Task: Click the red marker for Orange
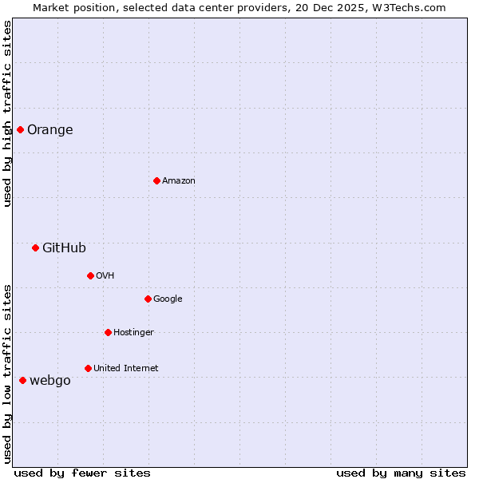point(20,129)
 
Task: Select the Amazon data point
point(156,180)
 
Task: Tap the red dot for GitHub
point(35,247)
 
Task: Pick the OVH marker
point(90,275)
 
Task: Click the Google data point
point(148,299)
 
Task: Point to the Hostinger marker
point(108,332)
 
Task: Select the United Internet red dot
point(88,368)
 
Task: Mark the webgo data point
point(22,380)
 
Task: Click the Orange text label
point(50,130)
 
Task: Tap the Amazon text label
point(179,181)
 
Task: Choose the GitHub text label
point(64,248)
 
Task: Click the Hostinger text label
point(133,333)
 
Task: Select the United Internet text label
point(126,369)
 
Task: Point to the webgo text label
point(50,381)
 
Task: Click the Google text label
point(168,299)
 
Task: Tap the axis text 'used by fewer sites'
point(82,473)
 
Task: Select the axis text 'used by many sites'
point(401,473)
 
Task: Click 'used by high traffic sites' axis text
point(7,113)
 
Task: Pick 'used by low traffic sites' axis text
point(7,374)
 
